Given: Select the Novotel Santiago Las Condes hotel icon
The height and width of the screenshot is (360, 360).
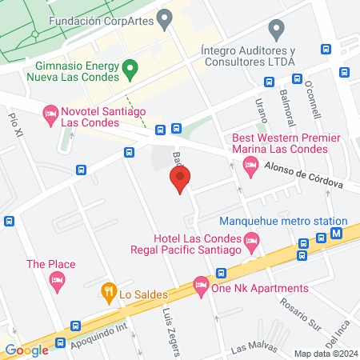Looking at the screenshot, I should click(x=50, y=115).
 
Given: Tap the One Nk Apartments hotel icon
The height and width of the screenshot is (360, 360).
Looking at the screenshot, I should click(x=200, y=285).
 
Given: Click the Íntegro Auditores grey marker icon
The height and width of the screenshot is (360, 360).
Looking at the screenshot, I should click(x=277, y=31).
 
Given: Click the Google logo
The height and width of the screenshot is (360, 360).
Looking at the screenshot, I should click(x=27, y=350).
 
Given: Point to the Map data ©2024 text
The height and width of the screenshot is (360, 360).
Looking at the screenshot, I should click(x=325, y=354).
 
